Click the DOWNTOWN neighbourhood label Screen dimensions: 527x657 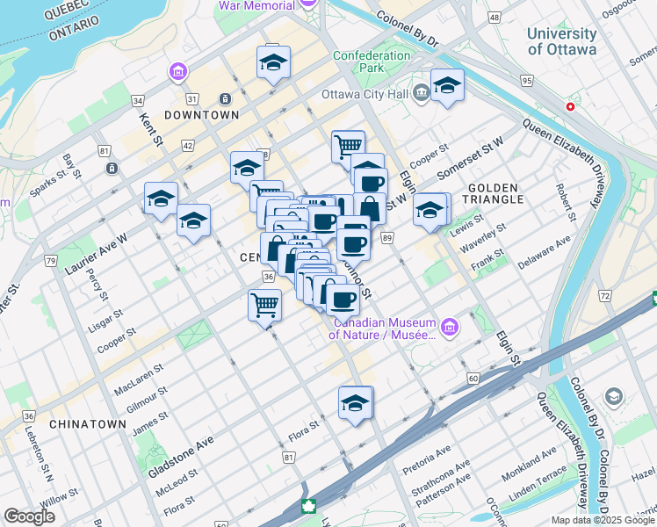pos(202,115)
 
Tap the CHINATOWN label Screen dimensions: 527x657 pos(88,424)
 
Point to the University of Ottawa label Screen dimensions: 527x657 pos(562,41)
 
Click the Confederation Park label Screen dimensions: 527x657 pos(372,61)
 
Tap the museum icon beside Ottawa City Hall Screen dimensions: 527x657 pos(421,91)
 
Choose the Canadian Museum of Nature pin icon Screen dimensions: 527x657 pos(450,328)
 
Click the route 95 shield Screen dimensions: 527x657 pos(526,81)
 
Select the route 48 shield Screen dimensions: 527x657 pos(495,18)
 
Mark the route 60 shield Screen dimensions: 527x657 pos(473,378)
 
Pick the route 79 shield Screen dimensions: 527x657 pos(51,261)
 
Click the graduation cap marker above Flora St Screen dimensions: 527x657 pos(356,403)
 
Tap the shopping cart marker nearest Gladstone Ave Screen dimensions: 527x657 pos(264,307)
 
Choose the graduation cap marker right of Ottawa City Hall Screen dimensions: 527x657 pos(447,86)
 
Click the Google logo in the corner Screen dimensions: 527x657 pos(29,516)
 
